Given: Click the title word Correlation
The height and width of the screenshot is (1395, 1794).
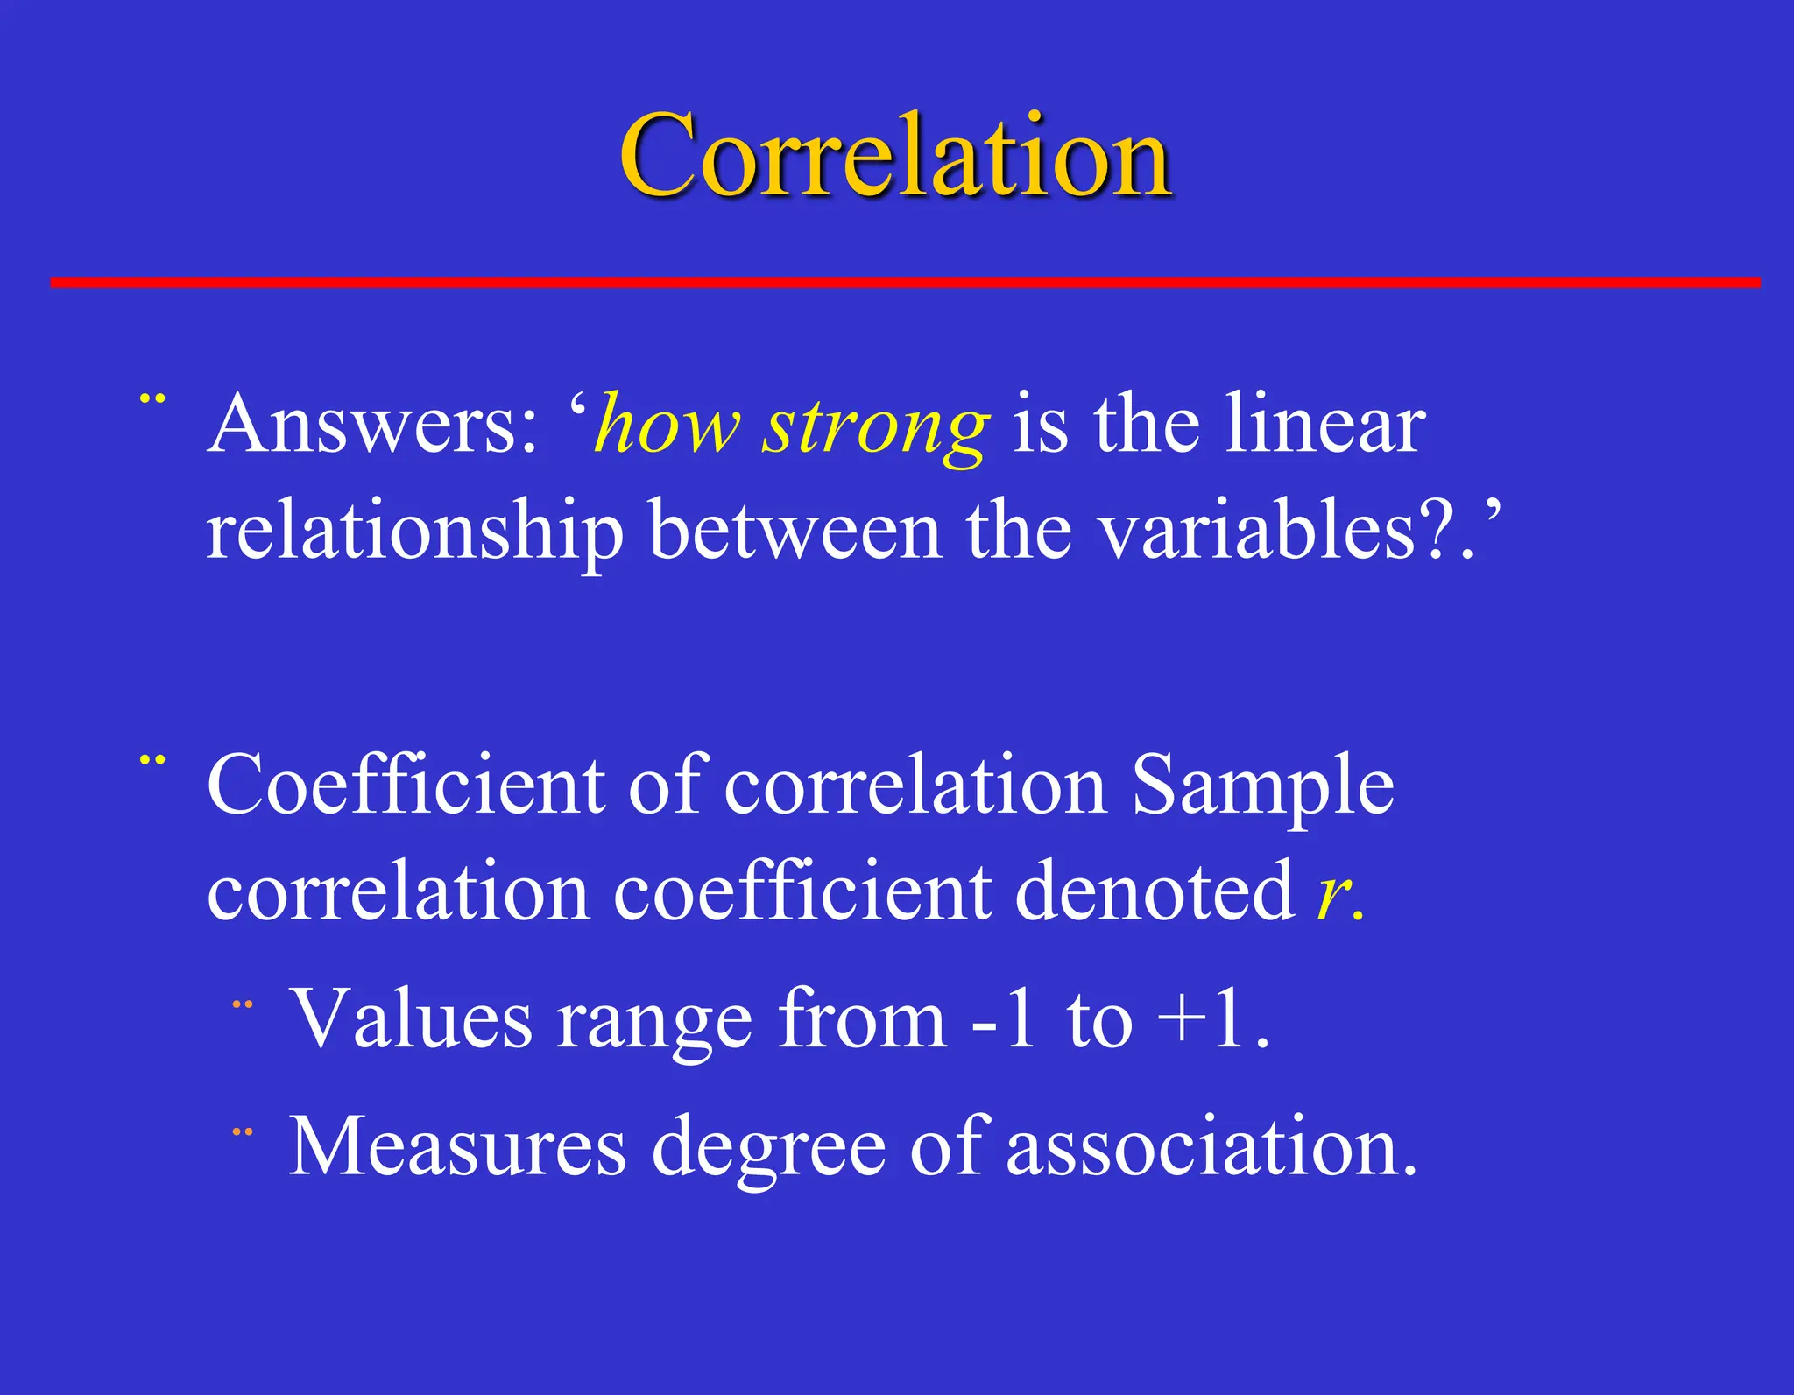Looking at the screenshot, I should pos(895,156).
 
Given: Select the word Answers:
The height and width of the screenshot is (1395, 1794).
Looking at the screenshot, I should pos(372,425).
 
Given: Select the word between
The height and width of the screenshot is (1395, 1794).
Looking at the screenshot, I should pos(795,530).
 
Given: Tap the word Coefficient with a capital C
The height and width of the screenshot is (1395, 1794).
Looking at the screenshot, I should pos(405,785).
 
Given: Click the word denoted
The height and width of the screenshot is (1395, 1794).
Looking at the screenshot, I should pos(1155,891).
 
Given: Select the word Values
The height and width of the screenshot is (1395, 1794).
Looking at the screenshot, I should pos(411,1018).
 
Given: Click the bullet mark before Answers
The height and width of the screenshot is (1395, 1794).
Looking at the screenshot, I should pos(152,399).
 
